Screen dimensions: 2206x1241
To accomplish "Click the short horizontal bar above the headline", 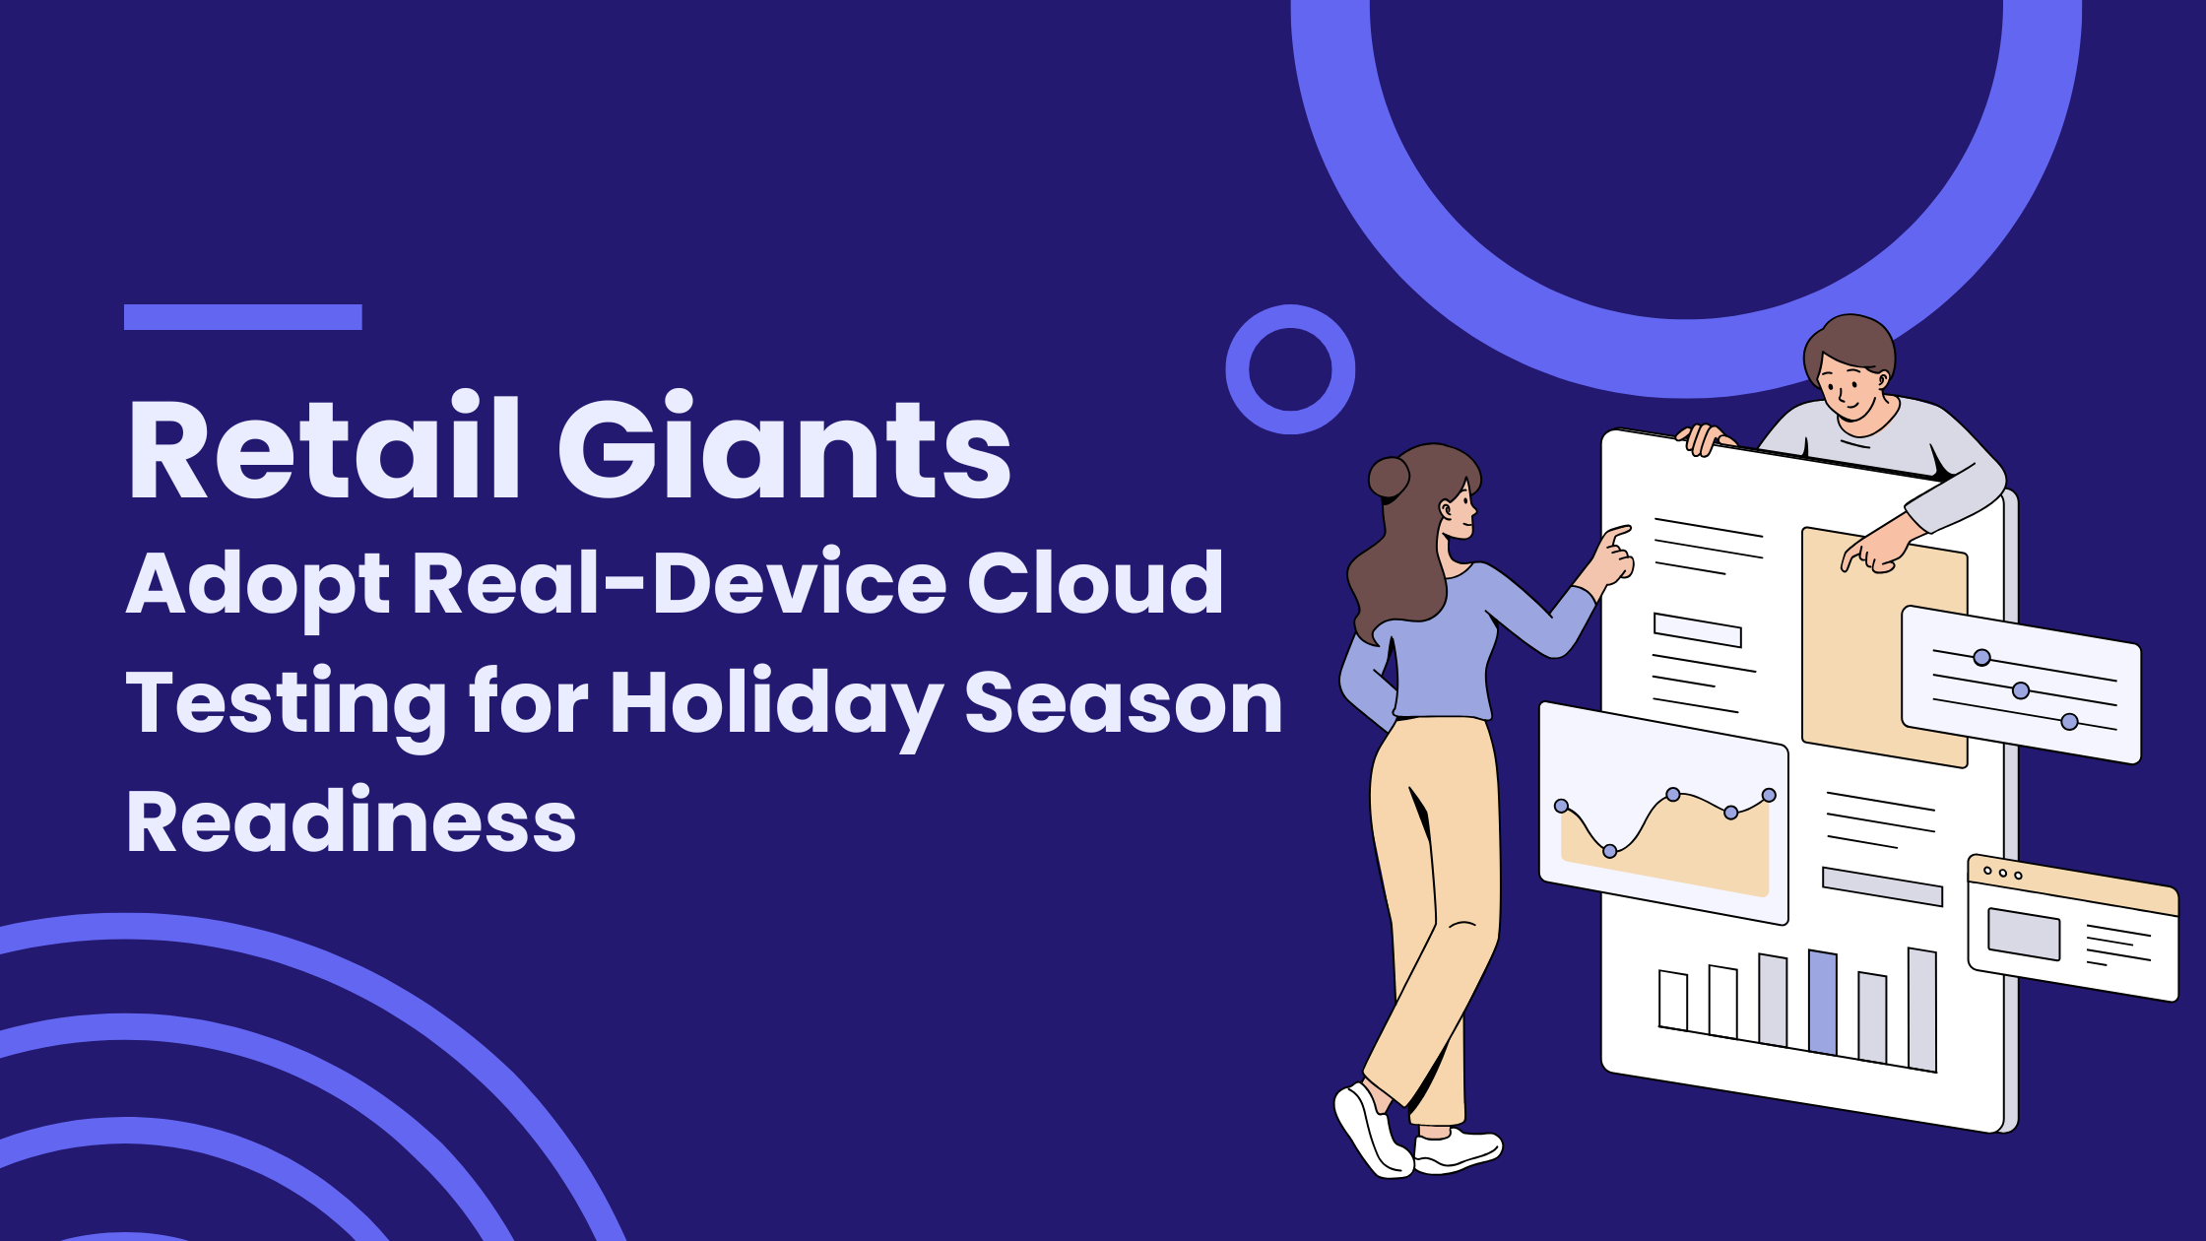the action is coord(243,317).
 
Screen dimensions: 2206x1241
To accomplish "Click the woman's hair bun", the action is coord(1389,478).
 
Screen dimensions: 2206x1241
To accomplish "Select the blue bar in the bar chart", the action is coord(1823,1002).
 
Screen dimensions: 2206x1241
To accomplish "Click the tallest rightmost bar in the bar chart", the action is coord(1922,1009).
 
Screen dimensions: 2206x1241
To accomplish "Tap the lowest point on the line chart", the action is coord(1610,851).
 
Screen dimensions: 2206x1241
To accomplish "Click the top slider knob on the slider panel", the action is coord(1982,658).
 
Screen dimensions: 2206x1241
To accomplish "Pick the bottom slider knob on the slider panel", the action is coord(2070,722).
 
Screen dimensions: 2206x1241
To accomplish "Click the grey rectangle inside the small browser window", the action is coord(2024,934).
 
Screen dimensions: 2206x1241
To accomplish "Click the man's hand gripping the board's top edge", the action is coord(1705,438).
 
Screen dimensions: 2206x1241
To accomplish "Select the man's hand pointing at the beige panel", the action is coord(1879,549).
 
